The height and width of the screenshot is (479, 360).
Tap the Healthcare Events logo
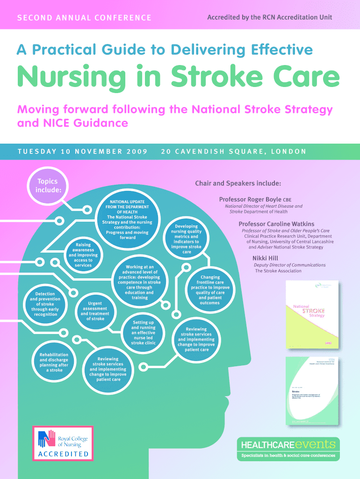(288, 449)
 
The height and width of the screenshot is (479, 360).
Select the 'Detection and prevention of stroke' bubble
(44, 304)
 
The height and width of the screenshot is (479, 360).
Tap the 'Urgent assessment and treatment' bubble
(95, 311)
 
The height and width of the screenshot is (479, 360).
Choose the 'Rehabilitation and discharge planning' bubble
(54, 363)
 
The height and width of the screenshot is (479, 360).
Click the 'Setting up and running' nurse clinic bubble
(143, 333)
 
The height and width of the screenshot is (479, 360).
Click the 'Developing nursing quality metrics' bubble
(187, 239)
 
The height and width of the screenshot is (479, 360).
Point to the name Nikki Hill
(266, 258)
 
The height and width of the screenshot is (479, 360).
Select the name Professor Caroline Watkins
(276, 224)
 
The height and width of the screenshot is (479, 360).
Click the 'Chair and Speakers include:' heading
(238, 183)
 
